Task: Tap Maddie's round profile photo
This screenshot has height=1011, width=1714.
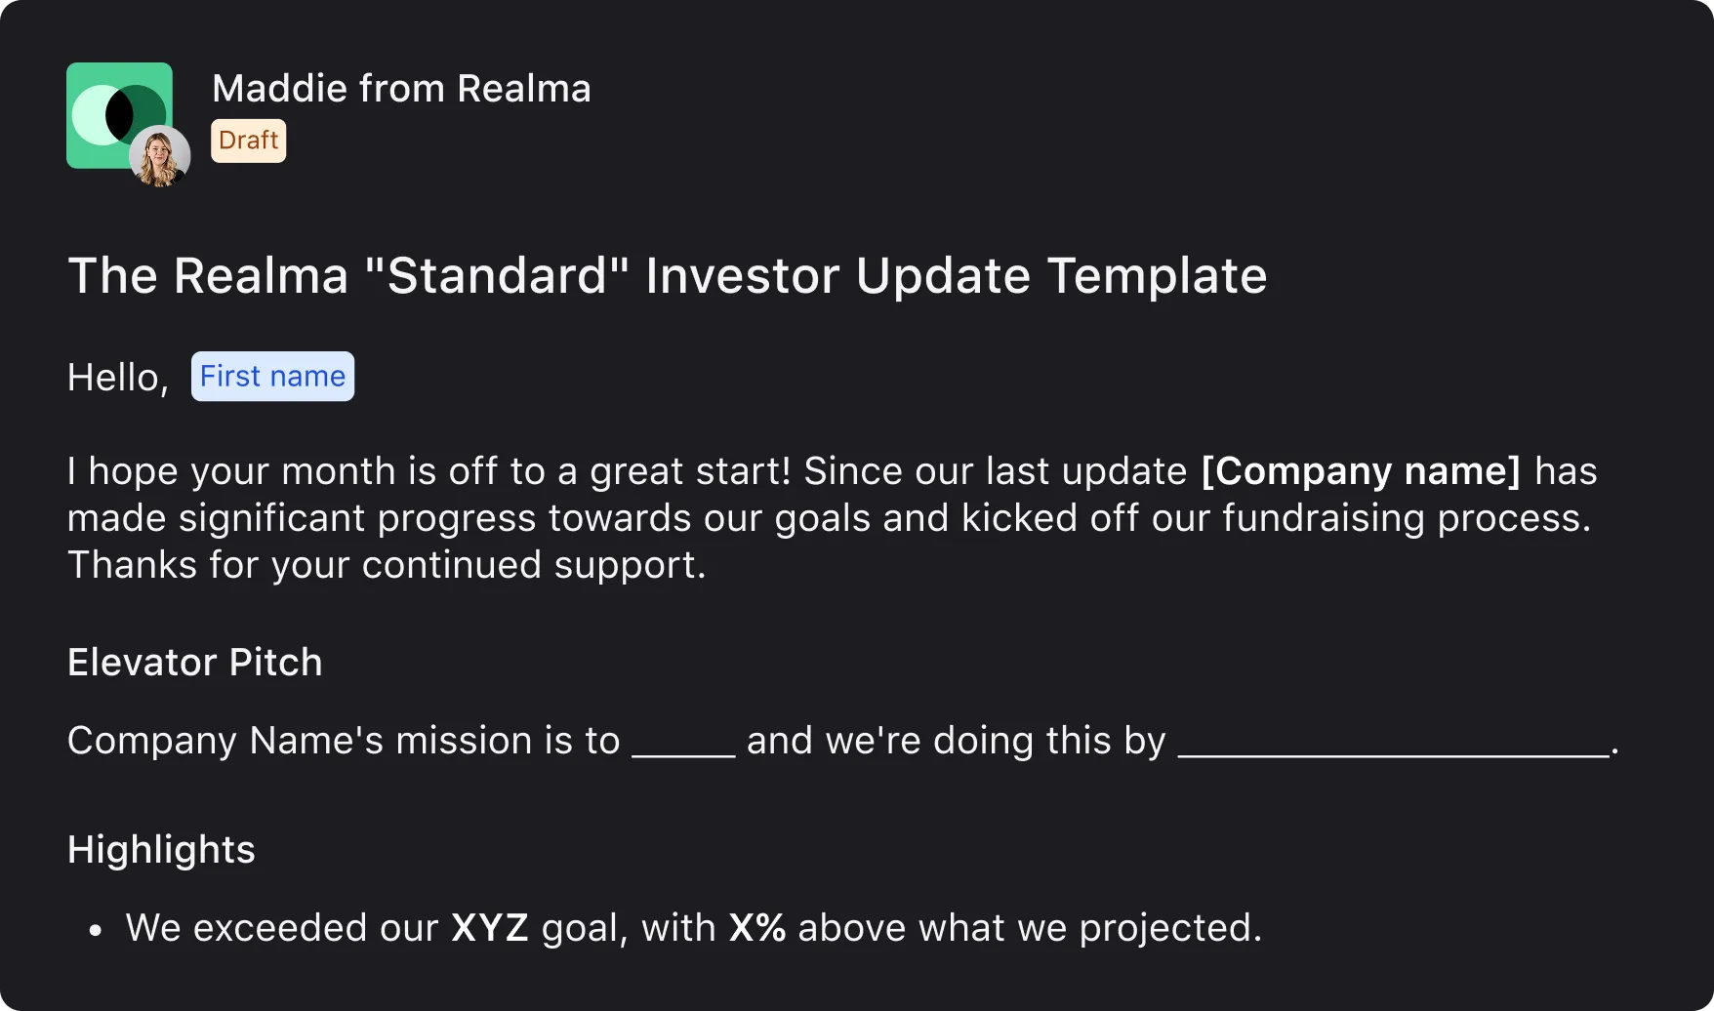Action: point(159,156)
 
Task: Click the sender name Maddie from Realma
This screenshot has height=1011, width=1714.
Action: point(401,89)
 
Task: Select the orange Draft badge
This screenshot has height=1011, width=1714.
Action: point(248,141)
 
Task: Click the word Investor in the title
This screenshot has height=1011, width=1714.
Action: point(742,276)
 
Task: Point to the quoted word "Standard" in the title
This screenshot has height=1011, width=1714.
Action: point(497,276)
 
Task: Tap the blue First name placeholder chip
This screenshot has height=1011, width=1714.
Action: point(272,377)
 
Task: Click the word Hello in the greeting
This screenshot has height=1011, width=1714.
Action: point(112,378)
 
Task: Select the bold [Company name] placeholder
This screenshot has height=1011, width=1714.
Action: point(1361,471)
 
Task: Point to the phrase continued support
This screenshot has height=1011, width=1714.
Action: point(532,565)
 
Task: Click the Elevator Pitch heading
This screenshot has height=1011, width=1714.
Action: point(194,663)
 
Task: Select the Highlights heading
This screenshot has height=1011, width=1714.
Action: point(161,850)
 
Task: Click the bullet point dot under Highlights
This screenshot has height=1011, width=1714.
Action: point(95,931)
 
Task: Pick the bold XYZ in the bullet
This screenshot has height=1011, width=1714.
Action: point(489,928)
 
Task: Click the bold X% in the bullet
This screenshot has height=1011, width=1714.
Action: point(756,928)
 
